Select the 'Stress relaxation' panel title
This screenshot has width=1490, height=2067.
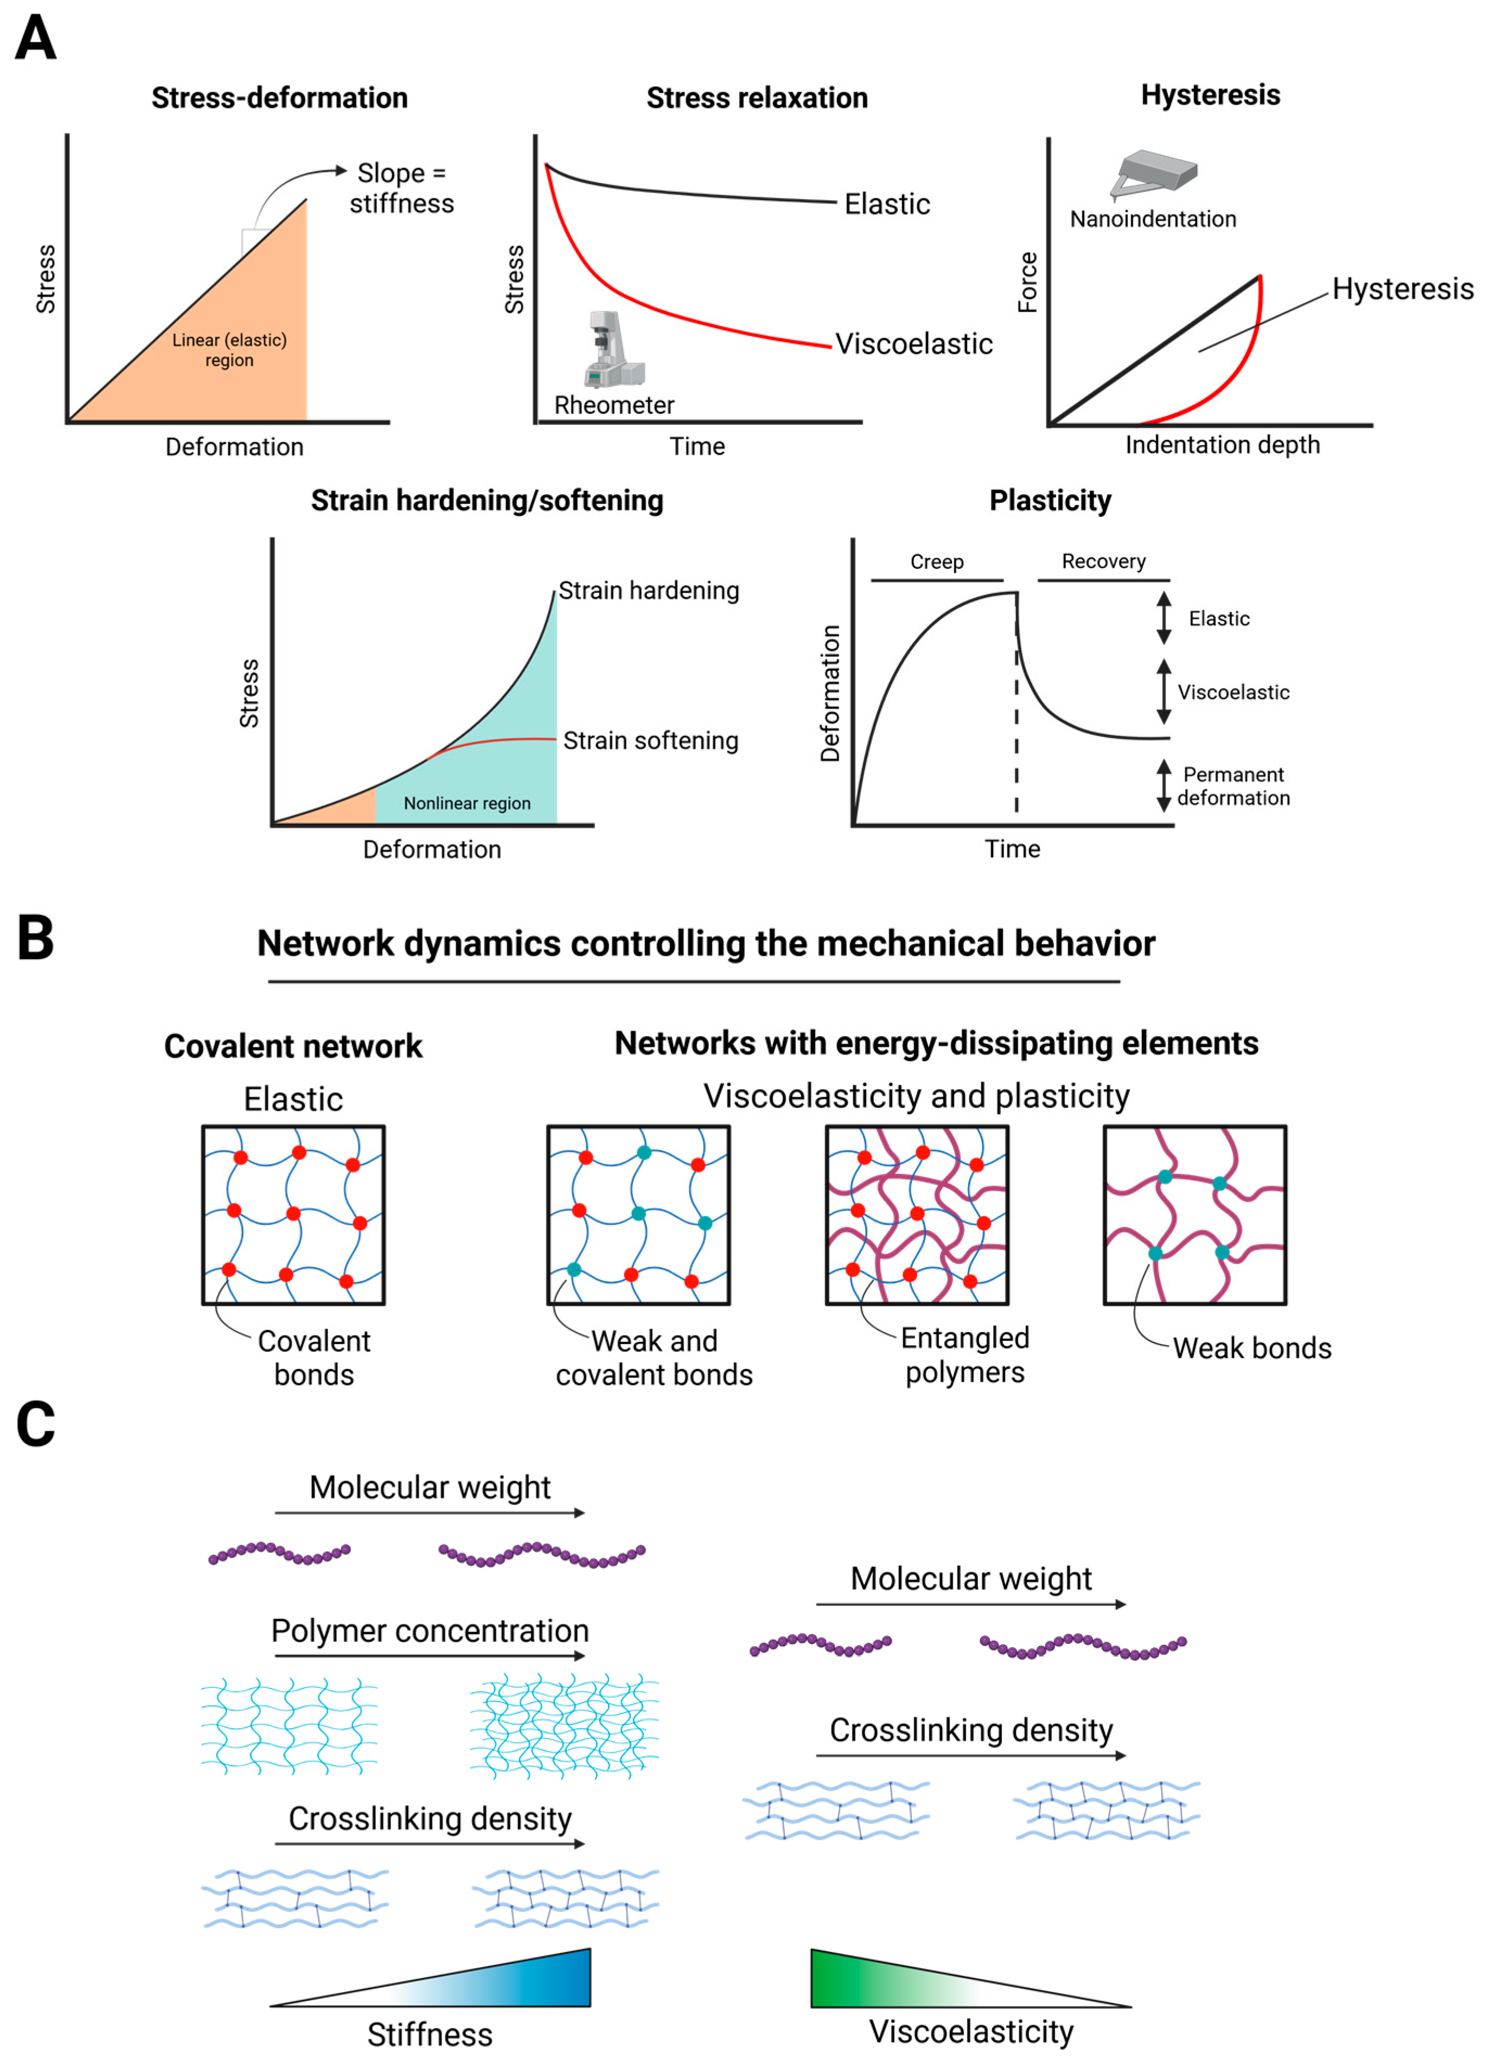click(x=757, y=98)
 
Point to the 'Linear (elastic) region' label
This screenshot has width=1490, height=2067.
click(x=229, y=350)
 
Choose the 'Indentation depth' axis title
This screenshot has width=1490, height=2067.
click(x=1222, y=445)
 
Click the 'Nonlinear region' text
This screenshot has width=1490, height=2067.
click(x=466, y=803)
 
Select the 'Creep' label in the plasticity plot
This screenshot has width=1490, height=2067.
click(x=937, y=561)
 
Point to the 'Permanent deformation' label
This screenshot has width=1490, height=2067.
click(x=1233, y=785)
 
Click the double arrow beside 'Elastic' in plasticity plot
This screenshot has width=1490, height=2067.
click(x=1164, y=618)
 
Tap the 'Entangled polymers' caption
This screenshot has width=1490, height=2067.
click(x=964, y=1354)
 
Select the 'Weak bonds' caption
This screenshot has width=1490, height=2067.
click(x=1251, y=1348)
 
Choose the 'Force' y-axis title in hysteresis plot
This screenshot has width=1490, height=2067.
click(x=1028, y=283)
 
